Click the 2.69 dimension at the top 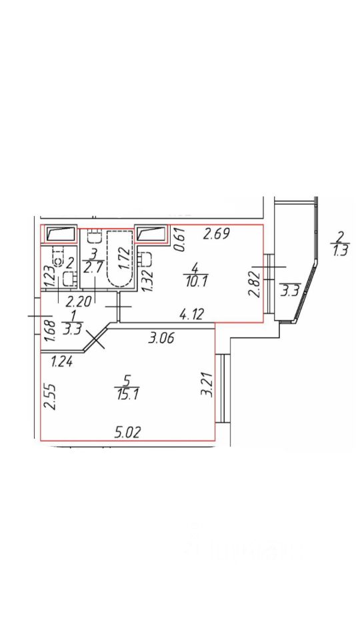pyautogui.click(x=217, y=234)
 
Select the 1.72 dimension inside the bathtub pyautogui.click(x=125, y=256)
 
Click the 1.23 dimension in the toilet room pyautogui.click(x=49, y=277)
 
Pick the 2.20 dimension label pyautogui.click(x=78, y=302)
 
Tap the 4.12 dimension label pyautogui.click(x=192, y=314)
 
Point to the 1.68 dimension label pyautogui.click(x=49, y=332)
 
